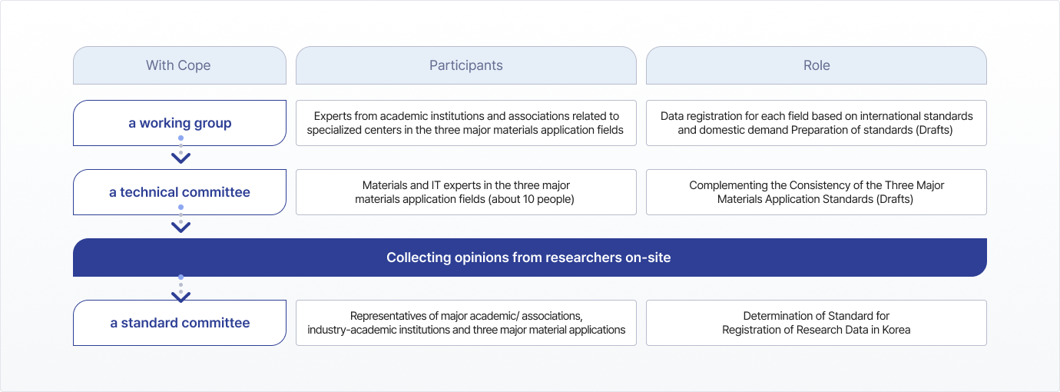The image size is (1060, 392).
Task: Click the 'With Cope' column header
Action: [179, 65]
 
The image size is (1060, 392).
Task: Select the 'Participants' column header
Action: [466, 65]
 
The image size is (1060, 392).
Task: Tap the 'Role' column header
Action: [817, 65]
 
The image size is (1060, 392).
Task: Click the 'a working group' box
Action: [179, 123]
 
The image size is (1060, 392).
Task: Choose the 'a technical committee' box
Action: [179, 192]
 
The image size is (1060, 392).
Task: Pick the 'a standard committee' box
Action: [179, 323]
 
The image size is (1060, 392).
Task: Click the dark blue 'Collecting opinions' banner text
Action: [528, 257]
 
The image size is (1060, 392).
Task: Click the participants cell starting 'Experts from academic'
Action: [466, 123]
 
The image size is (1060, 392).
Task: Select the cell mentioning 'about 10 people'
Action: [466, 192]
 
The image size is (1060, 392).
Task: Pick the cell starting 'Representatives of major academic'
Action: [466, 323]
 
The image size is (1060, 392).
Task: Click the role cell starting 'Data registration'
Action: [817, 123]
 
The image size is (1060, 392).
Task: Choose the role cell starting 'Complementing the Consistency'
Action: [817, 192]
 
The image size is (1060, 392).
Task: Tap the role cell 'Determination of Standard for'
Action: [817, 323]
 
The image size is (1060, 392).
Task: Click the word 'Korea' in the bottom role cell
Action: [896, 330]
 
